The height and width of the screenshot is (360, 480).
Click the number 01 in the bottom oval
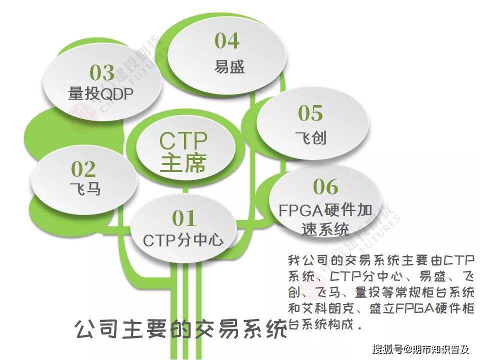click(183, 218)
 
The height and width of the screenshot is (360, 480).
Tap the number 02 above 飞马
click(83, 169)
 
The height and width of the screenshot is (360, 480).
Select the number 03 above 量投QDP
click(102, 73)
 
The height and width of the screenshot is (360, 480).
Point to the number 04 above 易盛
click(227, 41)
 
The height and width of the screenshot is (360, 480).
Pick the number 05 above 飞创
click(310, 113)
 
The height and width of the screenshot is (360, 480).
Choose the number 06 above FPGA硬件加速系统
click(325, 187)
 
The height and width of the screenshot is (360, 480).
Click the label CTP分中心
click(183, 240)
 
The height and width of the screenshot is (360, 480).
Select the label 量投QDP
click(101, 94)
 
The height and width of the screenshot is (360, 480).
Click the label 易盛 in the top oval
click(229, 66)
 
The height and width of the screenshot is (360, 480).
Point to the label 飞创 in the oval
click(311, 137)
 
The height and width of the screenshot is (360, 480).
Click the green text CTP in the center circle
click(183, 141)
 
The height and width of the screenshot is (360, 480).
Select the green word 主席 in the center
click(183, 163)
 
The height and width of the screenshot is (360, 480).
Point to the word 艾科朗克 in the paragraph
click(334, 306)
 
